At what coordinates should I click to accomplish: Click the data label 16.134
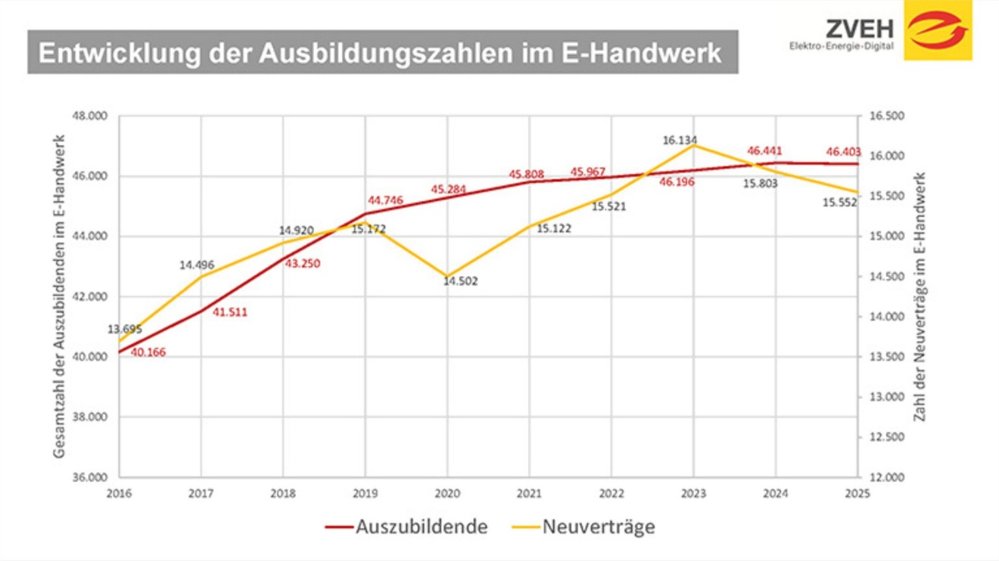679,141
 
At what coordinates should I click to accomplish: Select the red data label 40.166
148,352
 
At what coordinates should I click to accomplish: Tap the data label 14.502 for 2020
460,281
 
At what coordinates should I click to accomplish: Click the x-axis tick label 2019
365,494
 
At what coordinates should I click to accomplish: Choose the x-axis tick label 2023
693,494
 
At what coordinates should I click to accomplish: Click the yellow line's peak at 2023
693,144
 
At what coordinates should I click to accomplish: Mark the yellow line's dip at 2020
447,277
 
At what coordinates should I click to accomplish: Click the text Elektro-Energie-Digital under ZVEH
841,47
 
